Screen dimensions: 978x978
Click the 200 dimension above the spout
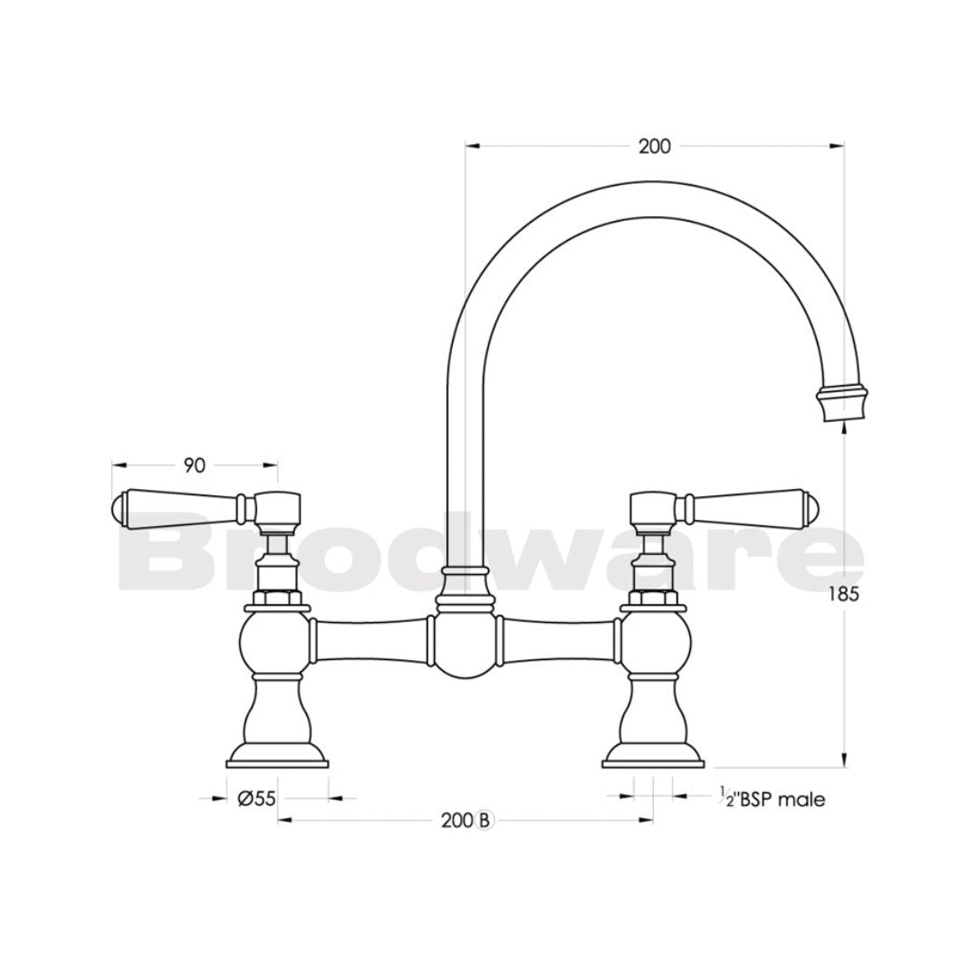click(654, 146)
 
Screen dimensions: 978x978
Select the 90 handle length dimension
click(194, 465)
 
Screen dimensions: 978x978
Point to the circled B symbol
click(484, 820)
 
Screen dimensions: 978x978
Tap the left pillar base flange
click(276, 754)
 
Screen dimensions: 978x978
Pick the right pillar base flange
click(654, 754)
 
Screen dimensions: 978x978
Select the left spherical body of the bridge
click(275, 644)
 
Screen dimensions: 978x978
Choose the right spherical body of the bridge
click(654, 644)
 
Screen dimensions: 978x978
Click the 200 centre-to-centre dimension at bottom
click(458, 820)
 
